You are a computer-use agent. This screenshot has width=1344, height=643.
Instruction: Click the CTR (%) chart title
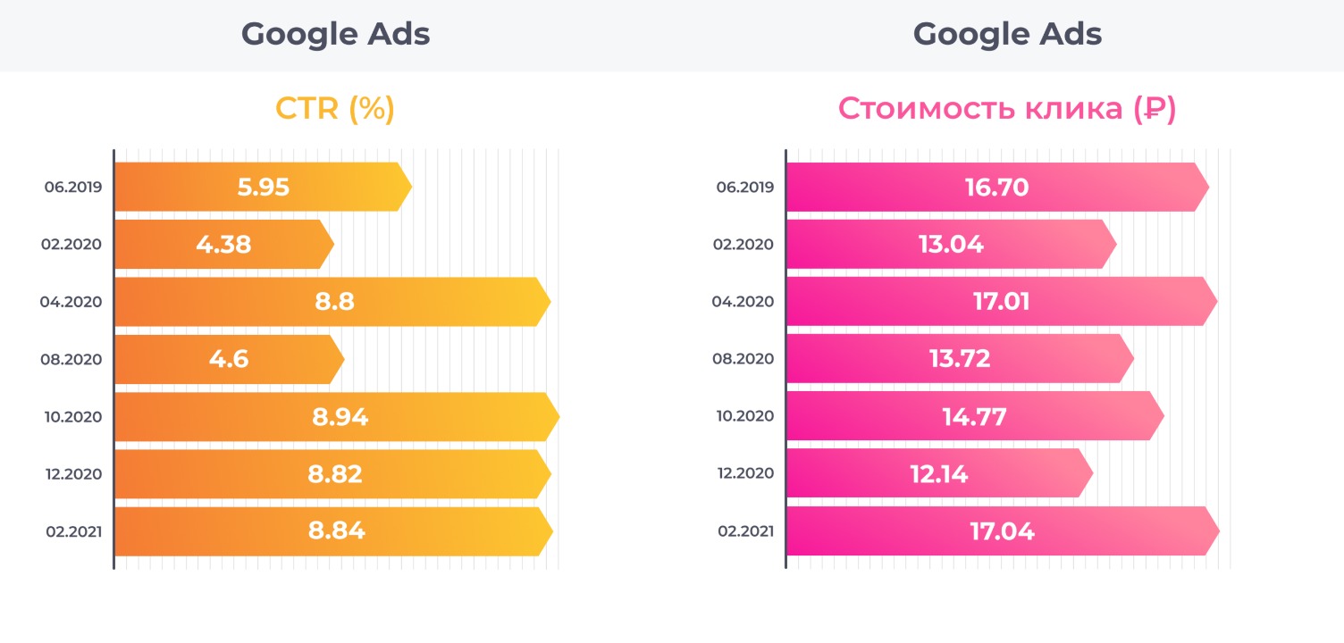point(335,108)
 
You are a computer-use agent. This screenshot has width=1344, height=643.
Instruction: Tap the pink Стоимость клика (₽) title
point(1007,108)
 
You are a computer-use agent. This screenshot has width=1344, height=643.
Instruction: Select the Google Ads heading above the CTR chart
point(335,34)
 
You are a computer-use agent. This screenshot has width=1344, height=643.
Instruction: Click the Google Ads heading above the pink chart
point(1007,34)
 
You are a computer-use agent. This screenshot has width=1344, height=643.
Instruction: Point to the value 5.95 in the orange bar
point(264,188)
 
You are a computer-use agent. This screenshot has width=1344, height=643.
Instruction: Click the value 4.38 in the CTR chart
point(223,245)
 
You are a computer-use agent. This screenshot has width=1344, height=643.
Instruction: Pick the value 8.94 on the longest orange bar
point(340,416)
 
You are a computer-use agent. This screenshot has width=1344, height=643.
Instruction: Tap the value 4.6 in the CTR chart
point(229,359)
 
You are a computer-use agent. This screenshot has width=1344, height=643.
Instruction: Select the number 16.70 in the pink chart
point(996,188)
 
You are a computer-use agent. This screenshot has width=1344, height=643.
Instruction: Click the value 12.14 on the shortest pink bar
point(939,473)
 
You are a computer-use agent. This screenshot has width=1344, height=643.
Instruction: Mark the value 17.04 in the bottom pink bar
point(1002,531)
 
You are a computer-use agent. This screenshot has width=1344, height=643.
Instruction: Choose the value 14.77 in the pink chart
point(974,416)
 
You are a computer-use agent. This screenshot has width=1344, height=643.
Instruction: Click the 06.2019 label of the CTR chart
point(73,188)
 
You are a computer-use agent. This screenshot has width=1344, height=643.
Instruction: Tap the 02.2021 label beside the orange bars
point(73,531)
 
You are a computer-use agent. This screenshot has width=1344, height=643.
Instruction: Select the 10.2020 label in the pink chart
point(745,416)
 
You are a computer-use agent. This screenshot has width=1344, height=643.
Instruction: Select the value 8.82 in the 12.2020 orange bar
point(335,473)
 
